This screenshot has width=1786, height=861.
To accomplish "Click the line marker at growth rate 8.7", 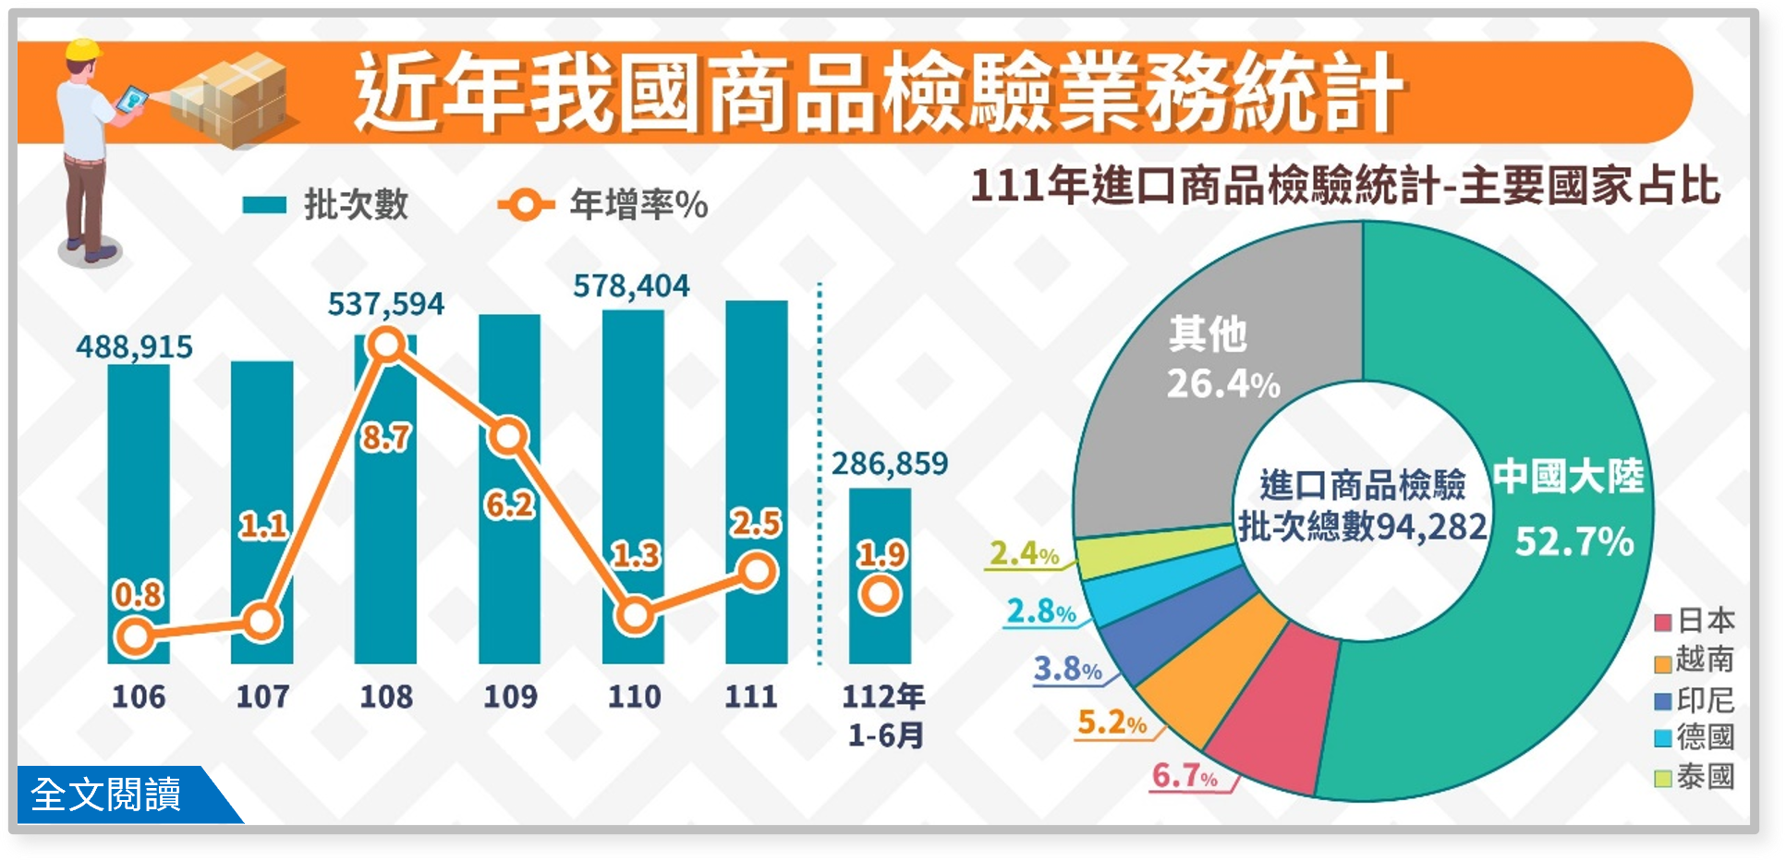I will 386,346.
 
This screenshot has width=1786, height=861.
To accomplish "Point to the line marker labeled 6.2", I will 508,436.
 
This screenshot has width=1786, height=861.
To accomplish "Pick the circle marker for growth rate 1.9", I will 880,594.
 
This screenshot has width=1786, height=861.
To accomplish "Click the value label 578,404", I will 631,286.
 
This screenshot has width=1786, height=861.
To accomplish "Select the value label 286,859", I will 889,463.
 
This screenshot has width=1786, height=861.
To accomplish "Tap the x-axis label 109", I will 510,696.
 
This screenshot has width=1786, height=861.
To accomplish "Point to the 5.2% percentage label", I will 1112,722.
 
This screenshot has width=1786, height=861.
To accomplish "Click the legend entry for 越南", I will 1695,661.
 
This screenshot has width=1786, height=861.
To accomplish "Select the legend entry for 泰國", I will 1695,777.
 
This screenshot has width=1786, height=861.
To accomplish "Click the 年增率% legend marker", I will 525,204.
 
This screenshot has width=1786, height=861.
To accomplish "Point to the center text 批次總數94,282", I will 1362,527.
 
